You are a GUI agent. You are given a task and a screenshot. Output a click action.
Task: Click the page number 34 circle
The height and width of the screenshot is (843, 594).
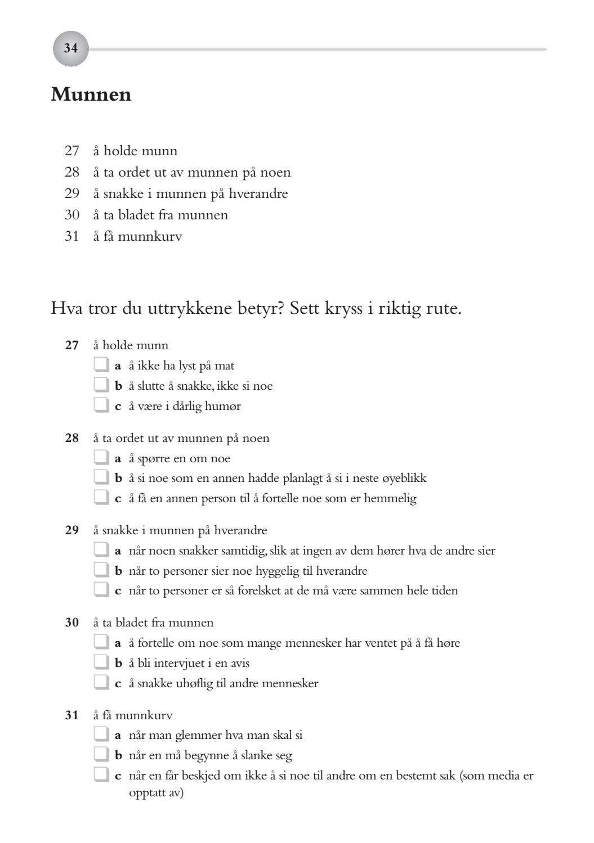click(x=70, y=49)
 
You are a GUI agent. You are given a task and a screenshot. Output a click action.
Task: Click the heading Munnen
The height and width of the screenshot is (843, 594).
click(x=91, y=94)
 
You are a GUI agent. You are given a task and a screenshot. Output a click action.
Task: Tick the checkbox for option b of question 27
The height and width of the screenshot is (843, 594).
click(x=101, y=385)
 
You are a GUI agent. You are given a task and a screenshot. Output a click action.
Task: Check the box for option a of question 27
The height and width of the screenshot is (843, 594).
click(x=101, y=365)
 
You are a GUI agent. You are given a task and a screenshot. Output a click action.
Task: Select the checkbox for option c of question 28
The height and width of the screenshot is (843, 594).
click(x=101, y=498)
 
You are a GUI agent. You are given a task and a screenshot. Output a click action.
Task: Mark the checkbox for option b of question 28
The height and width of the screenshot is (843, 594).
click(x=101, y=477)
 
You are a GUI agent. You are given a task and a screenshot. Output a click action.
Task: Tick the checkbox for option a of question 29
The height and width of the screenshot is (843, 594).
click(x=101, y=550)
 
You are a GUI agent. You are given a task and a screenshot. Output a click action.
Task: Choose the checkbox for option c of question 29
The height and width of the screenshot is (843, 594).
click(x=101, y=590)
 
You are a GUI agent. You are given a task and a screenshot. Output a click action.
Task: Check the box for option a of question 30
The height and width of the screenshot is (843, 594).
click(x=101, y=642)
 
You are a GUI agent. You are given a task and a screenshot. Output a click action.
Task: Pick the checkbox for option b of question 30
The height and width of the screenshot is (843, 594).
click(x=101, y=662)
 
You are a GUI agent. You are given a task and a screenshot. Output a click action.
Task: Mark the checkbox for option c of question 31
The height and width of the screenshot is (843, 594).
click(x=101, y=775)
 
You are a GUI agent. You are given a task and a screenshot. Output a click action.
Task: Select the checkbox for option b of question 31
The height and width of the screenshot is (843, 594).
click(x=101, y=755)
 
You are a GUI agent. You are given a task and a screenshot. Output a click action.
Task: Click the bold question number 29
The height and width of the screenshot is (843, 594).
click(x=72, y=530)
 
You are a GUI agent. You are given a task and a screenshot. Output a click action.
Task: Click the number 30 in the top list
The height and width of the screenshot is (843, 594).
click(x=72, y=215)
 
